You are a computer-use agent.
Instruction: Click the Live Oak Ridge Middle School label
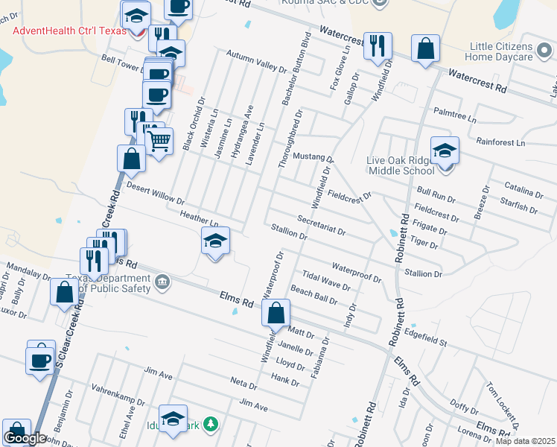pos(401,165)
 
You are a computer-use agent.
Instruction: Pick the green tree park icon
pos(211,424)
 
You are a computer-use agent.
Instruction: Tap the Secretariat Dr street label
pos(321,226)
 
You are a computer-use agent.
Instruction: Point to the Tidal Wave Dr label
pos(326,280)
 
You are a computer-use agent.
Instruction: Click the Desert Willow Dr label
pos(155,194)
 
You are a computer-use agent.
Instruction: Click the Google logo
pos(25,438)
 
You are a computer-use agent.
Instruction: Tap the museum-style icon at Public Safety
pos(162,282)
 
